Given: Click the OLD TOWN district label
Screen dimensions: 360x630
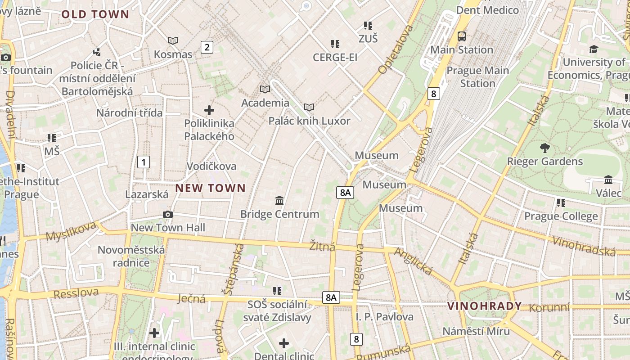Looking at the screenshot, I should point(95,14).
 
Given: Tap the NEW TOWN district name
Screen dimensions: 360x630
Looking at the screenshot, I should point(211,188).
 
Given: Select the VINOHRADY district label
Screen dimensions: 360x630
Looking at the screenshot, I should point(485,306).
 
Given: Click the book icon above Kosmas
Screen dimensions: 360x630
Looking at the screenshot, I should point(173,41).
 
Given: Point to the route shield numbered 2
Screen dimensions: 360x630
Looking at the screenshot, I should point(207,47).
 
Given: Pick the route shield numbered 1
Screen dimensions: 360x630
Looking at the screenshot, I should point(143,162).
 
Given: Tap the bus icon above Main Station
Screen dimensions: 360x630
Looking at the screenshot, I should point(462,36).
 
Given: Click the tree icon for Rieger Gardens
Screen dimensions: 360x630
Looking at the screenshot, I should point(544,148).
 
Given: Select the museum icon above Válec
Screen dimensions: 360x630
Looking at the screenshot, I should point(608,180).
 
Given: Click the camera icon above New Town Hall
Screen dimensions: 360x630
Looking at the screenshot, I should point(168,214).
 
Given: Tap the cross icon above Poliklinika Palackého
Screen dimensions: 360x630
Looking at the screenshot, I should point(209,110).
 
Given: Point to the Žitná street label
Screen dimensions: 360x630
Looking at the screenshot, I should point(322,247).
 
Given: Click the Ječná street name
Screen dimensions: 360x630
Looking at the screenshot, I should point(192,298).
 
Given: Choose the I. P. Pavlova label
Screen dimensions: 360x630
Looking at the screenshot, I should point(385,317).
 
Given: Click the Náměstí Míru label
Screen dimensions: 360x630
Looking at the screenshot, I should point(476,331).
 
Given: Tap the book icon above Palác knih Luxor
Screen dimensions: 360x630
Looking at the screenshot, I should point(309,107).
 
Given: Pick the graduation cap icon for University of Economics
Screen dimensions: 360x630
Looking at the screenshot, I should point(594,49).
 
